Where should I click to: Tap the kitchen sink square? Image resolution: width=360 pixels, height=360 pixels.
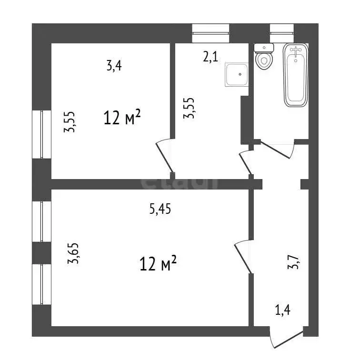click(x=237, y=75)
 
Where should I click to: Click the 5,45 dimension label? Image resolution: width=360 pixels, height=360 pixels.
click(x=160, y=209)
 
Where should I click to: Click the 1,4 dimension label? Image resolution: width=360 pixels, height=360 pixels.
click(x=283, y=310)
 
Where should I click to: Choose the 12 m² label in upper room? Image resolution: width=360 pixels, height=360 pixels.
click(x=122, y=117)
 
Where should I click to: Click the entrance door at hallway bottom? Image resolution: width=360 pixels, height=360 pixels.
click(x=286, y=339)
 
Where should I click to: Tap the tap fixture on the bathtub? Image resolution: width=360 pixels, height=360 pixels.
click(x=296, y=50)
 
